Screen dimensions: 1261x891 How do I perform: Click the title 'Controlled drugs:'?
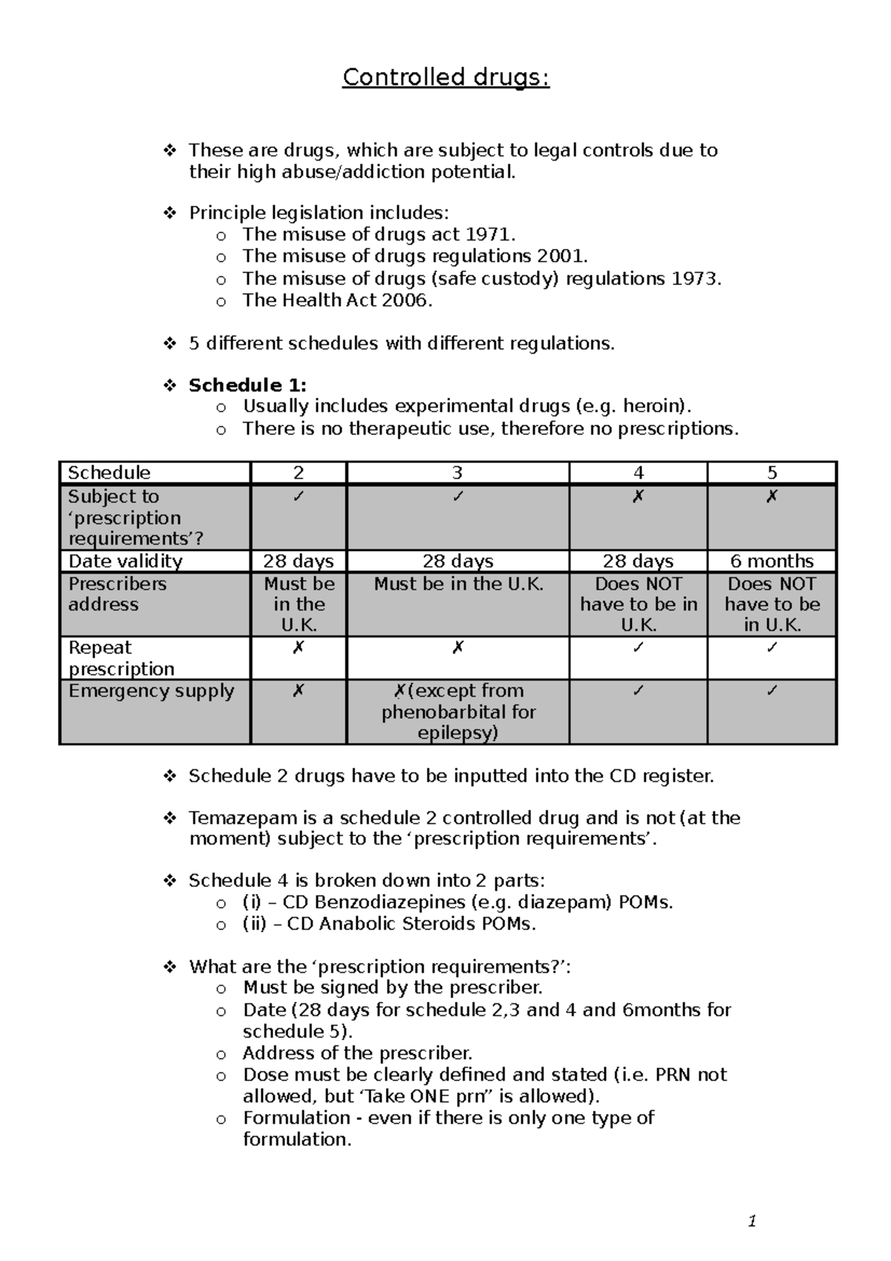coord(446,77)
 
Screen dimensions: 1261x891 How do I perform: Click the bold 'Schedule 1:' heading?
coord(247,385)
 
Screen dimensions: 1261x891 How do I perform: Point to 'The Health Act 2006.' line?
coord(337,300)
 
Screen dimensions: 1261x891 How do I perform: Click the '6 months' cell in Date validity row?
coord(771,561)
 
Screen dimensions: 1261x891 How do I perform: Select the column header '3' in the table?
coord(457,473)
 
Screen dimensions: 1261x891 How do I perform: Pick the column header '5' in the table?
coord(771,473)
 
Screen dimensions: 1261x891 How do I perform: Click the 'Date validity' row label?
coord(125,561)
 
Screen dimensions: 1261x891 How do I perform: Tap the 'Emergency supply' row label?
coord(151,691)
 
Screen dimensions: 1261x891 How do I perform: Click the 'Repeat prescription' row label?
coord(122,658)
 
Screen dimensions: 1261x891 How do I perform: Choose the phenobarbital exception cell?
coord(458,711)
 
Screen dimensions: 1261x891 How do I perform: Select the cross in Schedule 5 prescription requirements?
coord(771,497)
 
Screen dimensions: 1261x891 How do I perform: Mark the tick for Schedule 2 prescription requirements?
coord(298,497)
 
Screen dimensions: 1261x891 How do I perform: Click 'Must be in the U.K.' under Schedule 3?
coord(458,584)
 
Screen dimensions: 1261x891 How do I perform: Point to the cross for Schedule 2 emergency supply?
coord(298,691)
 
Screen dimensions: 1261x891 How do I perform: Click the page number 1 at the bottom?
coord(752,1221)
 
